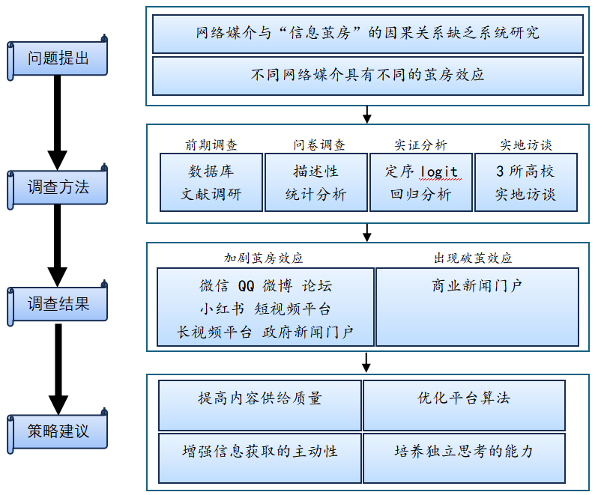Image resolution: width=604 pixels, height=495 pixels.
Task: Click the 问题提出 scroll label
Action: (58, 58)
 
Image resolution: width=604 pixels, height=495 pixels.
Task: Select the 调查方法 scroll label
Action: (58, 187)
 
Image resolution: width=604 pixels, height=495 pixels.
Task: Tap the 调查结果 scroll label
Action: (58, 303)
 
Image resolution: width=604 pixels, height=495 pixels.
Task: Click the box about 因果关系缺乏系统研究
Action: (367, 33)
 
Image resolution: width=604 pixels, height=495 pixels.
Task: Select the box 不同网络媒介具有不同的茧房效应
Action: (367, 75)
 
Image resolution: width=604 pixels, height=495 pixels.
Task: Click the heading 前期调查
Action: (211, 145)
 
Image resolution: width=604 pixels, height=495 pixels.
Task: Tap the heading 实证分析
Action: (420, 145)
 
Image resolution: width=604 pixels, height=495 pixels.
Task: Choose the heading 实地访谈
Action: (526, 145)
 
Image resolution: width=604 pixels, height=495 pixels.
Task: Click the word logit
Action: (438, 171)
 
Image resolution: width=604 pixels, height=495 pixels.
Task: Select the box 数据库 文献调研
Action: (211, 183)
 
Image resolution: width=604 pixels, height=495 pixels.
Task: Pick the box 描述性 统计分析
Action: (315, 183)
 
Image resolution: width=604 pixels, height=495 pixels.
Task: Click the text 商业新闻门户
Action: (477, 285)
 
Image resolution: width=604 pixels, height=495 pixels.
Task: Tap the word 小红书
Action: (222, 309)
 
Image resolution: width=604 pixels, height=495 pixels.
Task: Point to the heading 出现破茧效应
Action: (473, 258)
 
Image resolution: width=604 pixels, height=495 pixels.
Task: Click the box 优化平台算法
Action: (464, 398)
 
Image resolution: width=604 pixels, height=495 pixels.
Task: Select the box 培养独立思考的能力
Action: (464, 452)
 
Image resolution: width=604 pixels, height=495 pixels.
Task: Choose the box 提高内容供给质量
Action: (260, 398)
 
